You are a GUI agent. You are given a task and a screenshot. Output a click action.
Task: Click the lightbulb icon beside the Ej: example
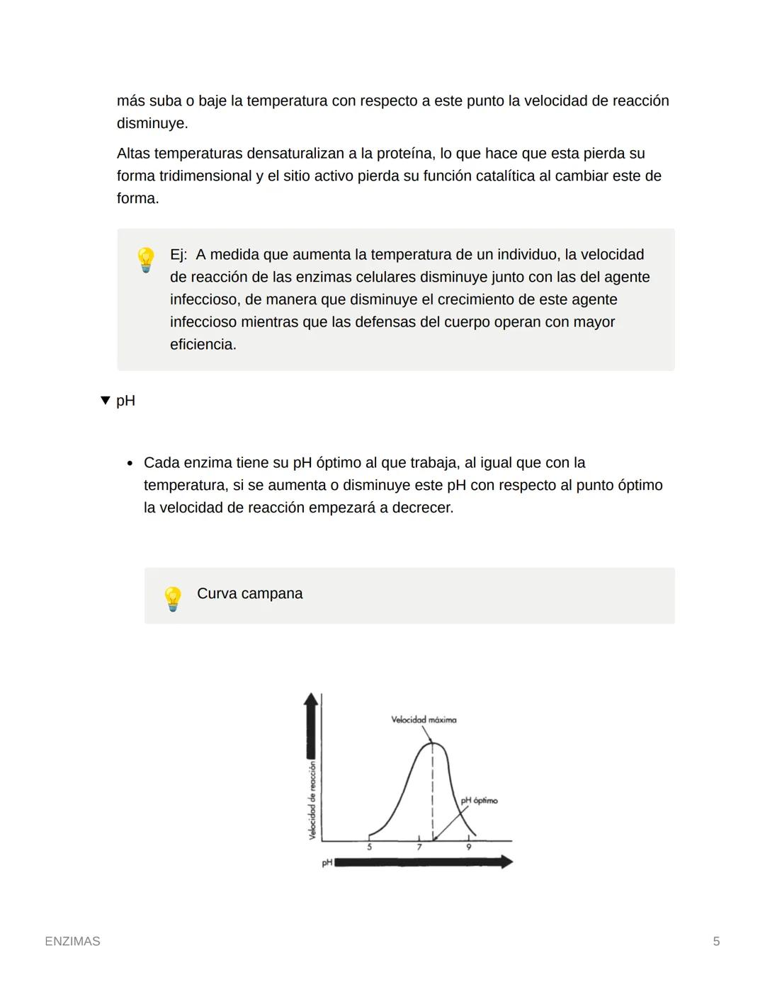145,260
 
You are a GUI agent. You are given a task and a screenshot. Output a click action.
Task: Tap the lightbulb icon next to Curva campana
173,598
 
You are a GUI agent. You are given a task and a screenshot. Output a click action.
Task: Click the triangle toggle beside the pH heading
106,401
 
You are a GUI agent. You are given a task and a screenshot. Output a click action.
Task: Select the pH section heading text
125,401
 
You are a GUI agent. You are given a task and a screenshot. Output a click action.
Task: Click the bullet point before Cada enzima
130,464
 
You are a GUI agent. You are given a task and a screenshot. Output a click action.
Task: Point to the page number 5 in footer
716,941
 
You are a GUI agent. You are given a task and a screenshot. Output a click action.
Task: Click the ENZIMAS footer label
72,941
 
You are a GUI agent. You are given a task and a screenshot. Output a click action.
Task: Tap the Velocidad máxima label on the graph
424,719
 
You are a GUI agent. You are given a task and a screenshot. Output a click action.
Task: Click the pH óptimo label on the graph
479,801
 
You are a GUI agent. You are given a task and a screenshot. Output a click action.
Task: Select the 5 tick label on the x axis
369,847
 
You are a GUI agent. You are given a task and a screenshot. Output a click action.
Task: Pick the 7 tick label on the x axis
419,847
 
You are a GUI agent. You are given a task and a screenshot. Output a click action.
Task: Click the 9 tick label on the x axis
468,847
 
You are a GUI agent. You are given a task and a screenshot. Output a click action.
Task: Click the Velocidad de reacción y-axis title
312,800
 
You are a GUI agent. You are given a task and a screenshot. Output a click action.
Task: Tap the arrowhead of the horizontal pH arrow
506,862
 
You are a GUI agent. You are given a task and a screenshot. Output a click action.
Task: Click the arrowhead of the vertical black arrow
310,699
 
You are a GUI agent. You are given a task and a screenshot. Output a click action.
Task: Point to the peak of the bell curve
433,743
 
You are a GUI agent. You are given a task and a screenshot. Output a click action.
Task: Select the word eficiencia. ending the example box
203,345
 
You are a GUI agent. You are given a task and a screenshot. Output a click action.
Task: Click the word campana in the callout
273,594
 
